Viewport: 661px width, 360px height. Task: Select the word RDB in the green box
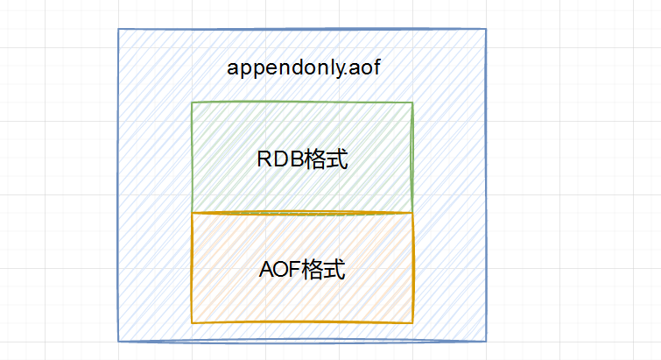(x=278, y=160)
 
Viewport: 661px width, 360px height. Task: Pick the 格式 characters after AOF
(x=322, y=270)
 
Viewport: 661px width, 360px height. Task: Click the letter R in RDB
(x=264, y=160)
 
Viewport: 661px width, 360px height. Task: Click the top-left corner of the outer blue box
(x=119, y=30)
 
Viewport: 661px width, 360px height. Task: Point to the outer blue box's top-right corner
(x=486, y=30)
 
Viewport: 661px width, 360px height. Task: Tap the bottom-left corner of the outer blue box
(x=119, y=340)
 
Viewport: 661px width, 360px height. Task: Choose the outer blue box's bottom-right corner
(x=486, y=340)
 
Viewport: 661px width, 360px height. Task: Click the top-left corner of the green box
(x=192, y=103)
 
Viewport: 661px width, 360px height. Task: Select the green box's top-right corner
(x=412, y=103)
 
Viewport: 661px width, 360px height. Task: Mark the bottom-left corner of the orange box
(x=192, y=322)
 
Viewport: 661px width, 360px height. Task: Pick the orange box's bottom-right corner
(x=412, y=322)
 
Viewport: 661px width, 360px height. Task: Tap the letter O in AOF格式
(x=279, y=270)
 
